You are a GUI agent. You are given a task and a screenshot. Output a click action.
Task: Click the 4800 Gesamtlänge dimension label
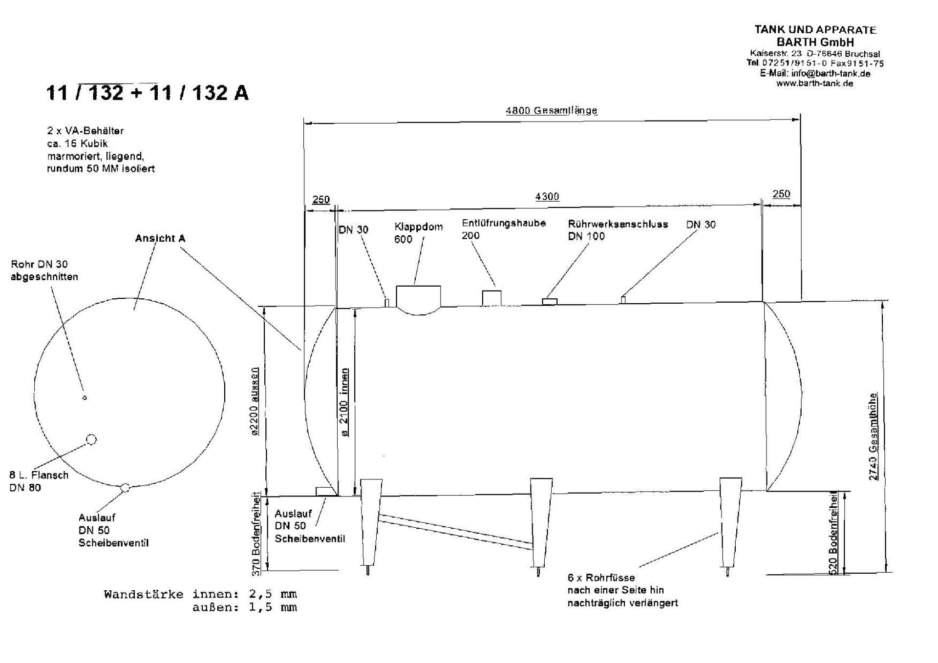[551, 110]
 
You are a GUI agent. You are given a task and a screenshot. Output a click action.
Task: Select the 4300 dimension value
[547, 196]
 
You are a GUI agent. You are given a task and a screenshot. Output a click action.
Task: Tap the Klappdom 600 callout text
[418, 233]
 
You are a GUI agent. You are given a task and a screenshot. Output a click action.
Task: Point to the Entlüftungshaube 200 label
[504, 229]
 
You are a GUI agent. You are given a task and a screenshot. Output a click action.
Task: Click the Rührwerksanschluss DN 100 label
[618, 230]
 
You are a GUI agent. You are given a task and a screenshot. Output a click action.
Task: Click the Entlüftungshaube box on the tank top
[491, 298]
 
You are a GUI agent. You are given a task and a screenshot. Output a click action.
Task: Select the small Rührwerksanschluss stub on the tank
[550, 302]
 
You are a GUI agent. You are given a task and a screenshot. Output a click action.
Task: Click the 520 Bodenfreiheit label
[833, 533]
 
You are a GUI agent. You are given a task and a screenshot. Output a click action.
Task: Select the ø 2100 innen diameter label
[344, 402]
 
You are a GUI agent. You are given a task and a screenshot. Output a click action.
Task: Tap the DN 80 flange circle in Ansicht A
[91, 439]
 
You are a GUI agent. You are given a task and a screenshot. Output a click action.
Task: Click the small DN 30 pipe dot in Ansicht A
[85, 398]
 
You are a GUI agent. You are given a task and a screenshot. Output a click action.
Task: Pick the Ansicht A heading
[160, 238]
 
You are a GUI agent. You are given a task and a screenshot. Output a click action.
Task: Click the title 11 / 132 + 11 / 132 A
[148, 92]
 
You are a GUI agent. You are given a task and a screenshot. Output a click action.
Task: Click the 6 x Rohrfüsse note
[622, 590]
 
